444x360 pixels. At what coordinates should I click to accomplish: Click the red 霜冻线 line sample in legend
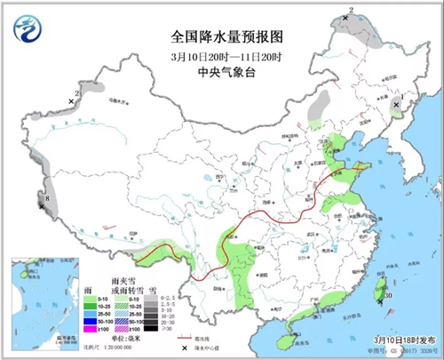point(185,339)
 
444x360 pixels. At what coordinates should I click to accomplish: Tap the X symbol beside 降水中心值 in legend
point(185,348)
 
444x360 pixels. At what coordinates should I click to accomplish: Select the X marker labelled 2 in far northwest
point(72,101)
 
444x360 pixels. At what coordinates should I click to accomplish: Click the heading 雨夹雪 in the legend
point(124,279)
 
